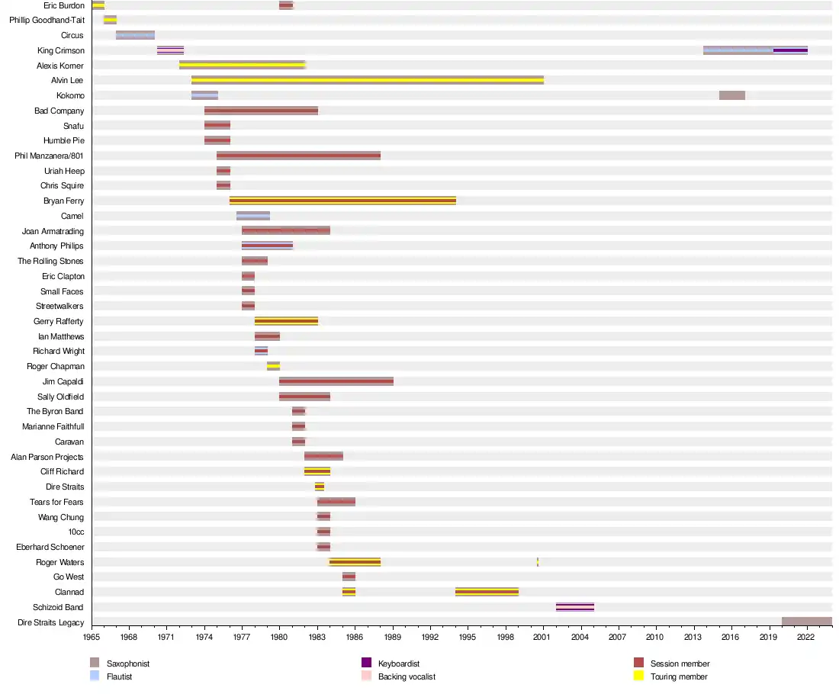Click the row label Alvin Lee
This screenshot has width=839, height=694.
tap(67, 80)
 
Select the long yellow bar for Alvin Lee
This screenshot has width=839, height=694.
tap(367, 80)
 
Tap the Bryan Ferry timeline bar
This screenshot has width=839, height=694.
tap(342, 201)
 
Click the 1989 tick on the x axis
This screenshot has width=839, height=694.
tap(393, 636)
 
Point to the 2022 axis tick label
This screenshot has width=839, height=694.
tap(806, 636)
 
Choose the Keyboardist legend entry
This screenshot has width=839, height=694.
tap(399, 663)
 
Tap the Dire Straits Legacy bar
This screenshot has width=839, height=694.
tap(806, 622)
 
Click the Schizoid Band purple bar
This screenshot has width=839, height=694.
tap(574, 607)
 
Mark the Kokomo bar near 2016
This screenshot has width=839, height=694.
tap(731, 95)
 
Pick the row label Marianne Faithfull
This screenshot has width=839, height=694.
tap(53, 426)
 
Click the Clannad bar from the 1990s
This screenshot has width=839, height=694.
tap(487, 592)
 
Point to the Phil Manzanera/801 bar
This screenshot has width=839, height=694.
tap(298, 156)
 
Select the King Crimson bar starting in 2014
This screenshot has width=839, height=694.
tap(755, 50)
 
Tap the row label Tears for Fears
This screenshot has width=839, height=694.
tap(56, 502)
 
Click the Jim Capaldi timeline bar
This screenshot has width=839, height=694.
tap(336, 381)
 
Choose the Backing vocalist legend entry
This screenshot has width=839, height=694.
tap(407, 676)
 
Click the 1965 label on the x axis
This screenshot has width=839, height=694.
tap(92, 636)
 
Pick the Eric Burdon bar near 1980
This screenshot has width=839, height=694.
tap(286, 5)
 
